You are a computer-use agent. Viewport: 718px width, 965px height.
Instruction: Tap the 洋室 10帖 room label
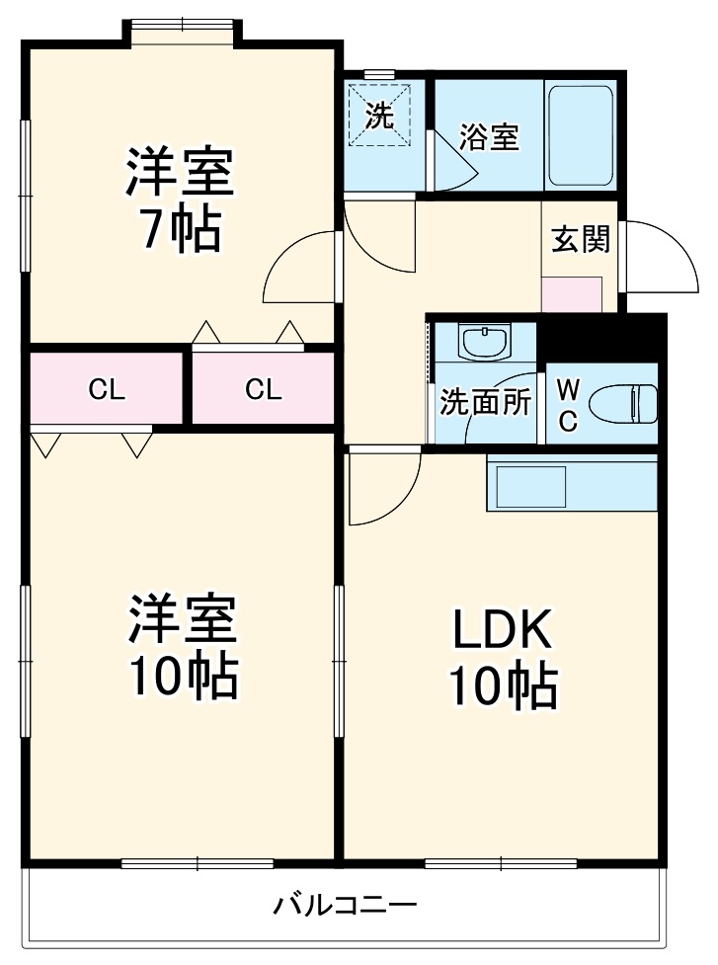click(x=182, y=647)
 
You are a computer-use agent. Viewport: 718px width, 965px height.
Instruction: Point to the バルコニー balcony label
click(x=346, y=904)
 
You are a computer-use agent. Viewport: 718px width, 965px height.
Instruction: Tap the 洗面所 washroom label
click(x=486, y=402)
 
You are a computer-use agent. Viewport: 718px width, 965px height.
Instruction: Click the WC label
click(x=568, y=404)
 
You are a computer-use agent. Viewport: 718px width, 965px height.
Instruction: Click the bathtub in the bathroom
click(x=580, y=135)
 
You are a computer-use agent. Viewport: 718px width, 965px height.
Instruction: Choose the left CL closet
click(x=107, y=389)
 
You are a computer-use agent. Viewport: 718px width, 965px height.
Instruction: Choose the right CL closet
click(x=263, y=389)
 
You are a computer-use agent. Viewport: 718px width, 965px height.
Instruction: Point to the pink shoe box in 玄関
click(x=572, y=294)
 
